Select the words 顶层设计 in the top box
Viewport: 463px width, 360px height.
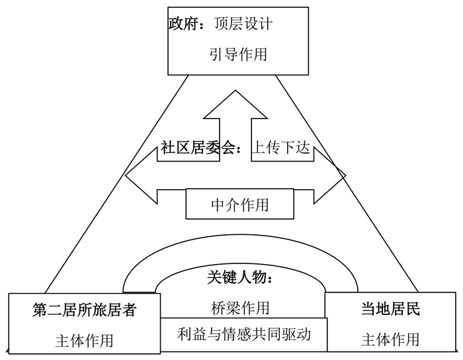click(243, 24)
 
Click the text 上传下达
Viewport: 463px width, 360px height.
click(280, 148)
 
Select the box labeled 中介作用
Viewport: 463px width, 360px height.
click(239, 204)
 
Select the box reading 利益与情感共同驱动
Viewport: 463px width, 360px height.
click(244, 332)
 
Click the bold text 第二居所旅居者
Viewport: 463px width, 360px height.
click(84, 309)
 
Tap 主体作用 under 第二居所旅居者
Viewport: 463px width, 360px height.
click(84, 340)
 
